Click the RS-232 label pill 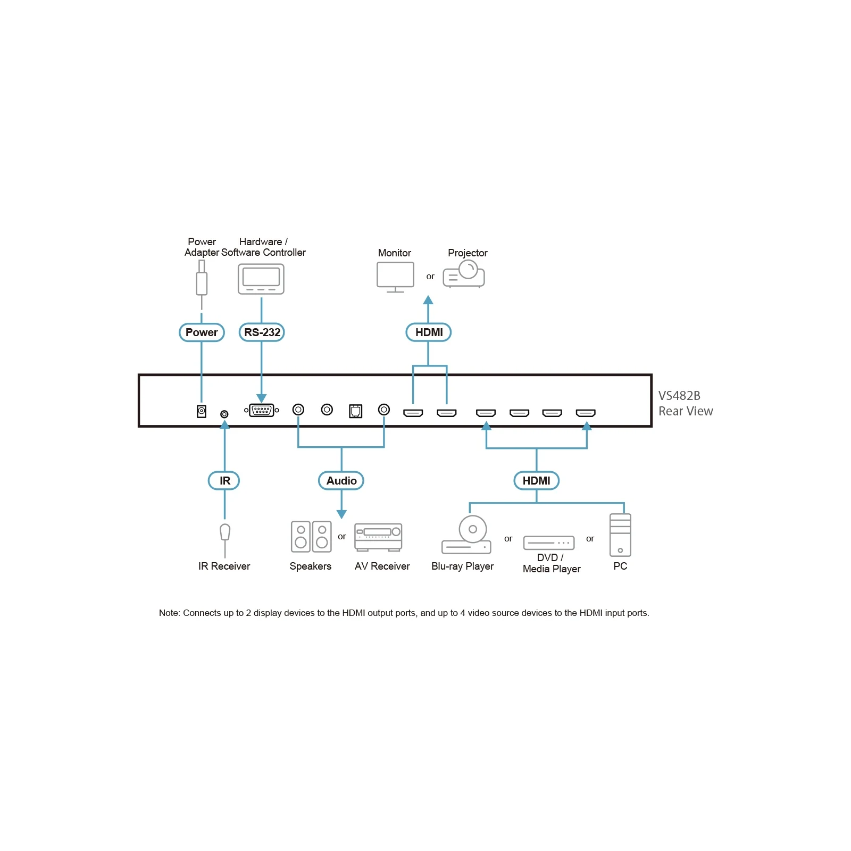pos(262,332)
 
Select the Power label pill pos(202,332)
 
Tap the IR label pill pos(224,481)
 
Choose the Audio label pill pos(341,481)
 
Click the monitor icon pos(395,276)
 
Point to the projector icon pos(464,274)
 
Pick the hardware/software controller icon pos(261,279)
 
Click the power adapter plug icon pos(202,278)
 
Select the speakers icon pos(311,536)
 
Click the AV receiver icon pos(378,537)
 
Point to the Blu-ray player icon pos(466,535)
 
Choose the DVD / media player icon pos(549,543)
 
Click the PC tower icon pos(620,535)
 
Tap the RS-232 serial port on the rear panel pos(261,410)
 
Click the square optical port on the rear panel pos(356,411)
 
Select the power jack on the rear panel pos(202,411)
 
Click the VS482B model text pos(679,396)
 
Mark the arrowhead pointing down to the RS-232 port pos(261,398)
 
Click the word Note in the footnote pos(169,613)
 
